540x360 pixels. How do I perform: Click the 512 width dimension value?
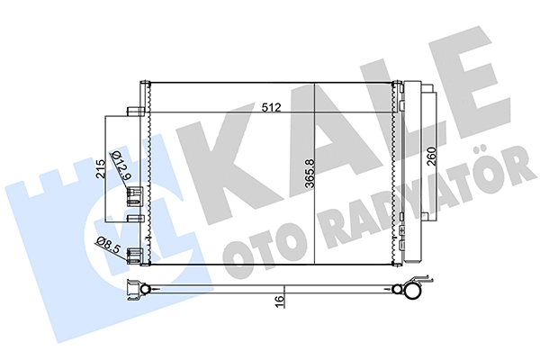272,107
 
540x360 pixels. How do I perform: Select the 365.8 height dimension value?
310,174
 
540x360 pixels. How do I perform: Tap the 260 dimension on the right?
432,157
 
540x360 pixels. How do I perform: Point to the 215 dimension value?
101,169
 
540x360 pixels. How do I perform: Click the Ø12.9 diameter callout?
121,166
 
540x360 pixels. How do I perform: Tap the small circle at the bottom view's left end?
146,288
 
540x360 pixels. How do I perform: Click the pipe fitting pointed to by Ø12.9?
135,196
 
